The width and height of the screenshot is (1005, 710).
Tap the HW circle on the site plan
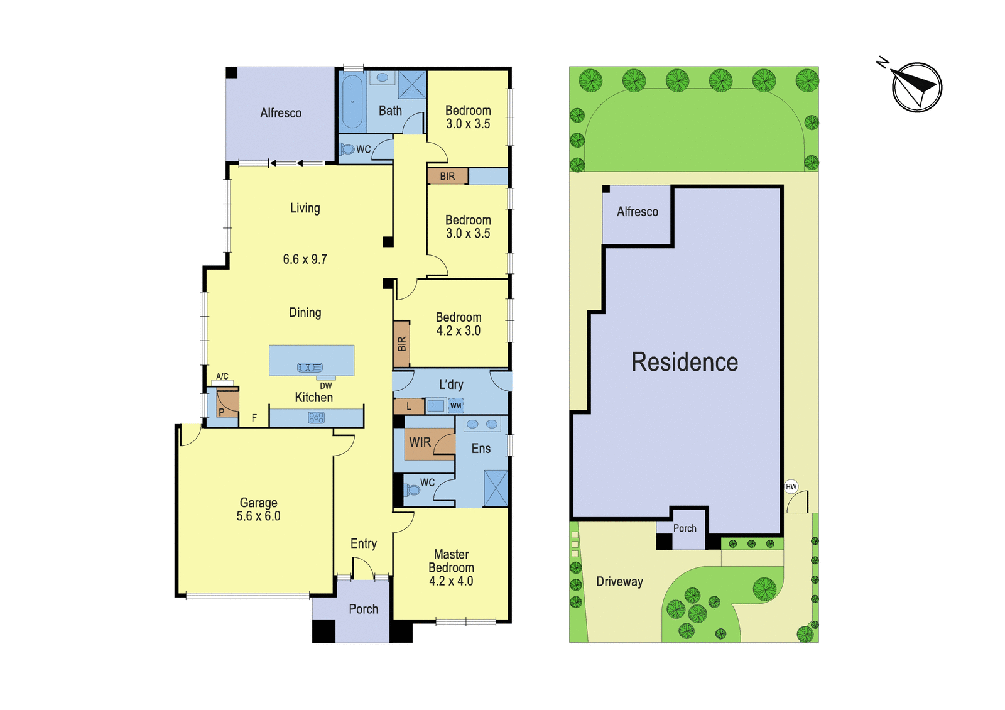point(791,486)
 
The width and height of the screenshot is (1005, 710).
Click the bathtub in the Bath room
point(352,101)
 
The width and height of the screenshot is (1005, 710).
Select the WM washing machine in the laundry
point(455,406)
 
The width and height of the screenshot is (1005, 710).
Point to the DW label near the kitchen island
point(326,386)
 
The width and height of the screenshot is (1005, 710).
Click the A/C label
point(222,376)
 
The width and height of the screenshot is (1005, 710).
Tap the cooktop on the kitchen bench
point(317,418)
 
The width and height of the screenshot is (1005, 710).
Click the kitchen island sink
point(310,368)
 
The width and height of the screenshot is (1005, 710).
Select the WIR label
point(420,442)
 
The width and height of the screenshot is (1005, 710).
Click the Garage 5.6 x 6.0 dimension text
point(258,516)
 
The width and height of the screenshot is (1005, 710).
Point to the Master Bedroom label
point(452,561)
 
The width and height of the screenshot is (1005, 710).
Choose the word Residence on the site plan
point(685,362)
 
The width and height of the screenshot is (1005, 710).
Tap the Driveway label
point(619,582)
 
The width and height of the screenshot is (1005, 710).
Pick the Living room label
point(305,208)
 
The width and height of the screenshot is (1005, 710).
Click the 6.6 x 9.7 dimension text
point(305,259)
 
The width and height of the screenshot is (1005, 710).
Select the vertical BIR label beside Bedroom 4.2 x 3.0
point(401,344)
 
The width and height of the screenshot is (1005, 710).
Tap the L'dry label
point(451,384)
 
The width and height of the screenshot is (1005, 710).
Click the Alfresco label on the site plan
point(638,211)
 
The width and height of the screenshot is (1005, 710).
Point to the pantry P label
point(221,412)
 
